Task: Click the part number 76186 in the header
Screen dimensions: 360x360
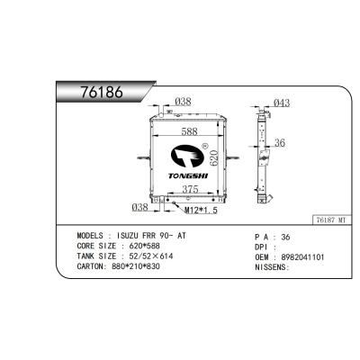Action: pos(102,92)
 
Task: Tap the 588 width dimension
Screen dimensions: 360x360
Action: pos(190,131)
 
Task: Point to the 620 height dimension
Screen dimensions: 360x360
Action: pos(213,157)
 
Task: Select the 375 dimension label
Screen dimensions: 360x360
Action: pos(190,189)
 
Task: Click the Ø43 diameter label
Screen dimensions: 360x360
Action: pos(282,103)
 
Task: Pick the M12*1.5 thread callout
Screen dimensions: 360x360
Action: pos(201,211)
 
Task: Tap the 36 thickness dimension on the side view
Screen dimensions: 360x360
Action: pos(280,143)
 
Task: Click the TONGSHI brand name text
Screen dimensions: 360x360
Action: pos(188,175)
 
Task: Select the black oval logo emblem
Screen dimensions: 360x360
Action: pos(187,156)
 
